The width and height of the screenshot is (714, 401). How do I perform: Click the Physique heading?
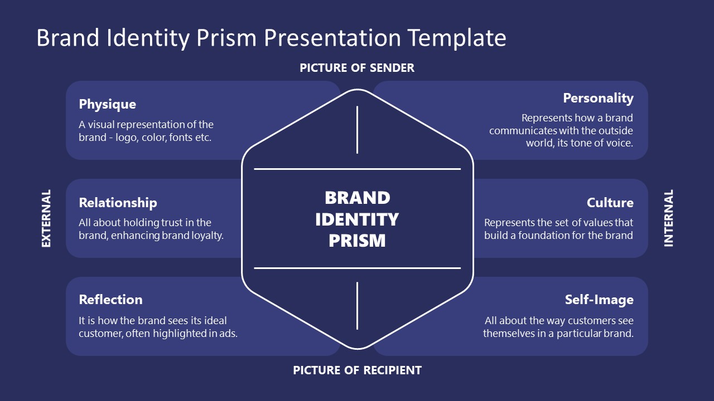point(107,104)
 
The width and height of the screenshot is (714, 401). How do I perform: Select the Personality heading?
point(598,98)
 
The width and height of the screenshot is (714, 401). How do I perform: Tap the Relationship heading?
point(118,202)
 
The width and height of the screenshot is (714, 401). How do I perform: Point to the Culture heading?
point(610,202)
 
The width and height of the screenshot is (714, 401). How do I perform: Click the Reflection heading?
point(110,300)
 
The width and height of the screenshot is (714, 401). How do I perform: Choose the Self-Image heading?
point(599,300)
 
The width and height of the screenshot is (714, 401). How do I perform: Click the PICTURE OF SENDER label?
point(357,68)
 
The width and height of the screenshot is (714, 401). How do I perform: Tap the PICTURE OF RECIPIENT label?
point(357,370)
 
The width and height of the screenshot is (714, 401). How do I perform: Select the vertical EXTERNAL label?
point(46,218)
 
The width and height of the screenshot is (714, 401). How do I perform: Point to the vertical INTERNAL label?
point(668,218)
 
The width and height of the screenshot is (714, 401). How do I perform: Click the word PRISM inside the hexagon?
point(357,241)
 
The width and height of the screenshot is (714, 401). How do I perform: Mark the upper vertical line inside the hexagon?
point(357,130)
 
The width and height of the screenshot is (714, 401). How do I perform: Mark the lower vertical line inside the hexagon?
point(357,305)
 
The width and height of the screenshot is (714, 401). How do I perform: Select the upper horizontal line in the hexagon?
point(357,169)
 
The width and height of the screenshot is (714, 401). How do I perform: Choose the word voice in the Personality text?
point(619,143)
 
